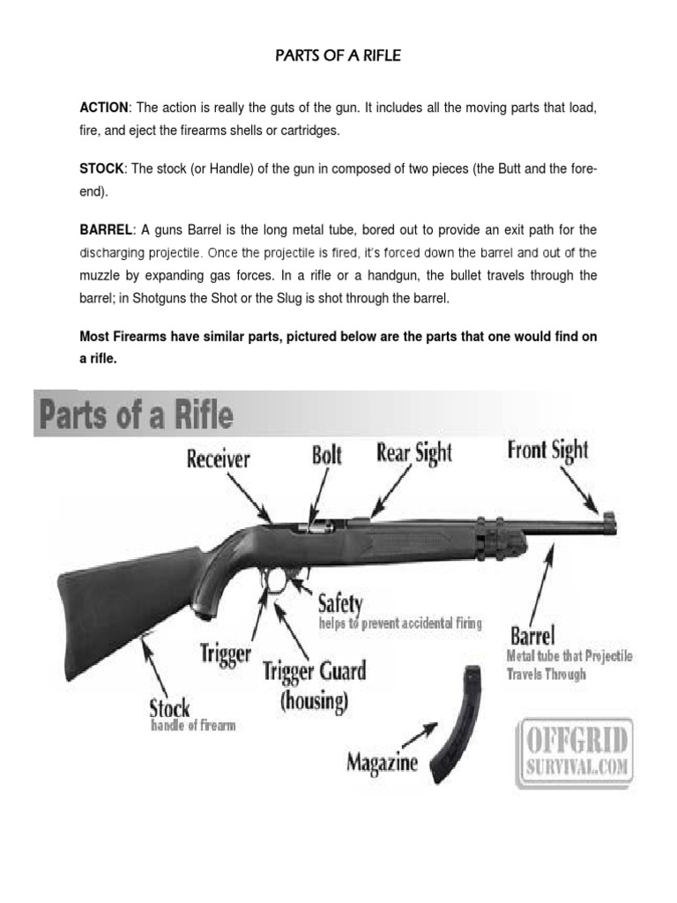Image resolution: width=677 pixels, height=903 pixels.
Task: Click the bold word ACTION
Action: tap(104, 108)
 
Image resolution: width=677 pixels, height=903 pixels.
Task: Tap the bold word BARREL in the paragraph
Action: tap(106, 230)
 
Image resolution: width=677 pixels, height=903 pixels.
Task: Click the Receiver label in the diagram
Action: tap(218, 459)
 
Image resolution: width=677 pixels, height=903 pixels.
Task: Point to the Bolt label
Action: tap(327, 456)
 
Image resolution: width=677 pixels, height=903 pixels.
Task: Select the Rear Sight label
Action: tap(414, 453)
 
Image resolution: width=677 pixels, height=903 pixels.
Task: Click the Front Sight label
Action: tap(547, 451)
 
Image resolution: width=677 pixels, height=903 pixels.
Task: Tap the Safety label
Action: tap(339, 604)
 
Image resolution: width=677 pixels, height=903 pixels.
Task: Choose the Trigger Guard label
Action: tap(315, 672)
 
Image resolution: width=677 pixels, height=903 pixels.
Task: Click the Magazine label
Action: tap(382, 761)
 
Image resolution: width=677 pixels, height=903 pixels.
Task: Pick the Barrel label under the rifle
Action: tap(532, 636)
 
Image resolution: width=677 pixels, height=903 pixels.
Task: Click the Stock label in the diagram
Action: tap(169, 708)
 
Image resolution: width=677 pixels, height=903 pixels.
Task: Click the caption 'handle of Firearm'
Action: tap(193, 727)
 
